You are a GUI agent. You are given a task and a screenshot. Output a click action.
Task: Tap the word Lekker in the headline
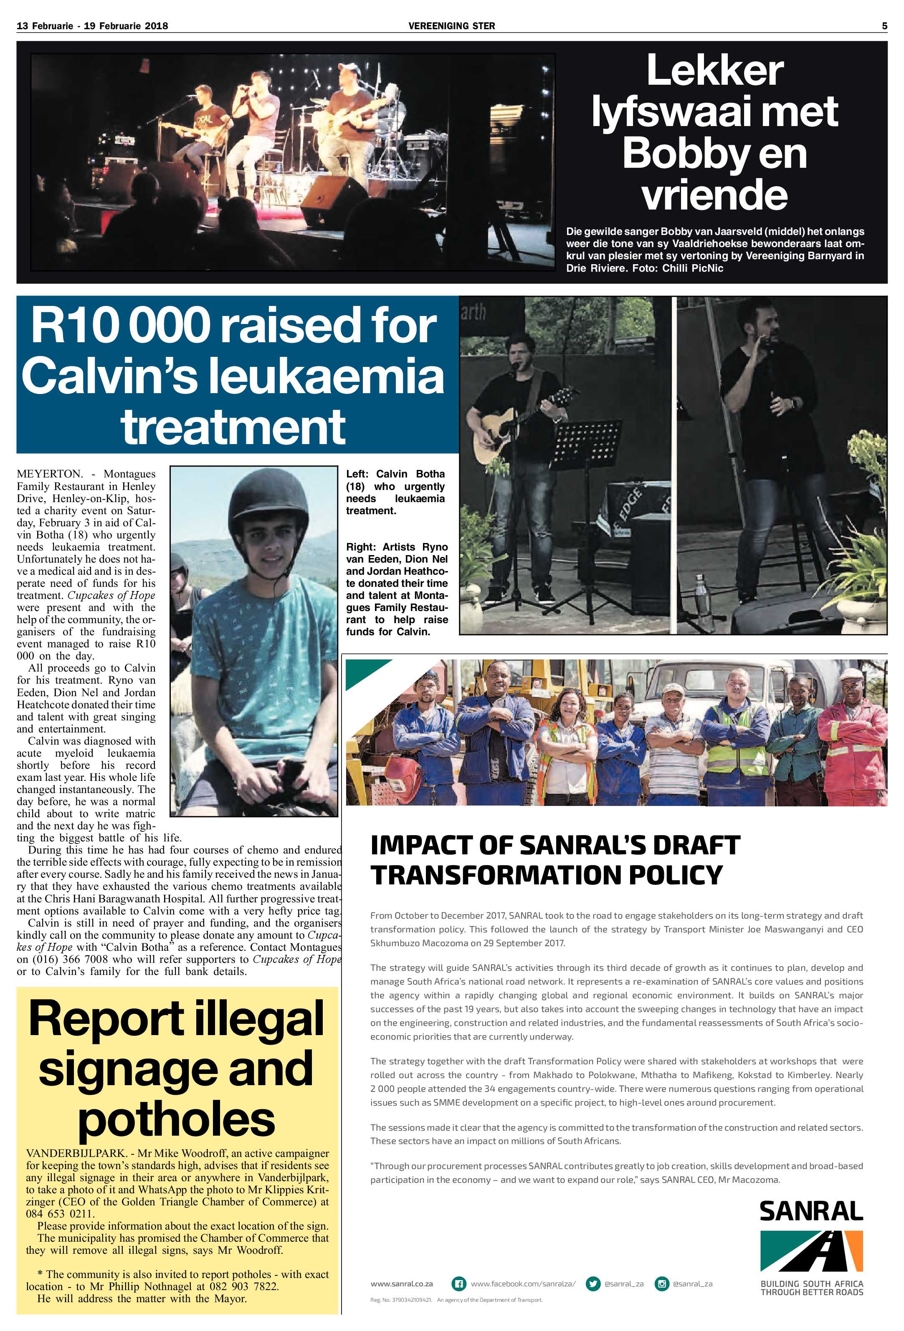714,71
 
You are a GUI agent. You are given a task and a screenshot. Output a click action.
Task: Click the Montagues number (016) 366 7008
73,959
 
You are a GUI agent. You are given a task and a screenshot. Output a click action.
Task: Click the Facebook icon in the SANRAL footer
458,1283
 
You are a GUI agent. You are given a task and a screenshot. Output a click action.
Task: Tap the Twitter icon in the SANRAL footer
593,1283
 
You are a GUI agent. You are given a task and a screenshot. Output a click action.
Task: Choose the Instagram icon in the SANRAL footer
662,1283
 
